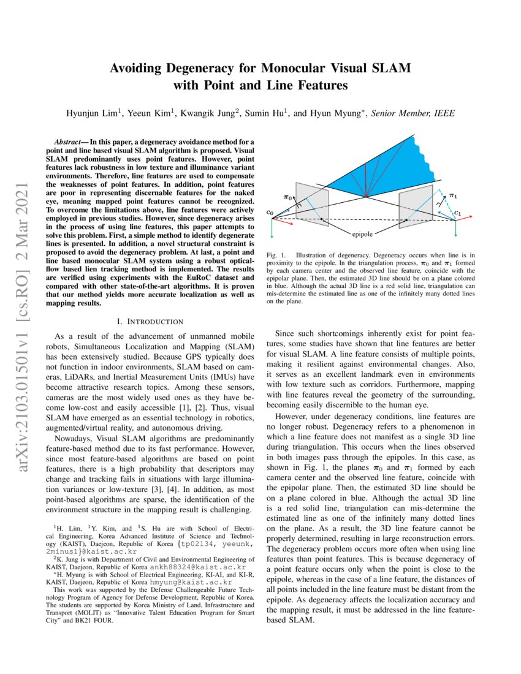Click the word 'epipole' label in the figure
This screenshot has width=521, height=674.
point(365,234)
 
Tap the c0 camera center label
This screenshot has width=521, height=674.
point(270,212)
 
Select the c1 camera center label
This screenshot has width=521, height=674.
point(457,213)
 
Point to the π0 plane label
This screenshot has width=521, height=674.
point(287,197)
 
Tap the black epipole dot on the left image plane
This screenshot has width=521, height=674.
point(322,219)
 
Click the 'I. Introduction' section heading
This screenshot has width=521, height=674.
point(150,321)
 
